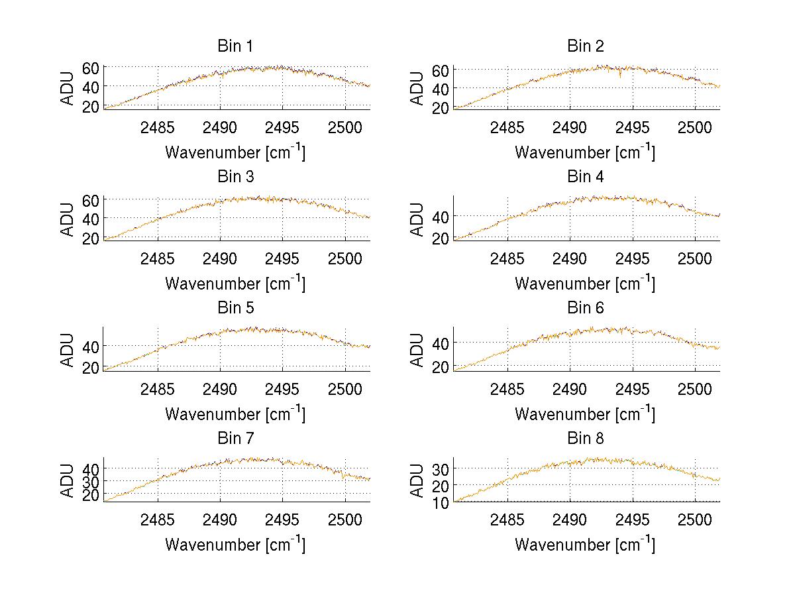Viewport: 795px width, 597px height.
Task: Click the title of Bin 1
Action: tap(235, 46)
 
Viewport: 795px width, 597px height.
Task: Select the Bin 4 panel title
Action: tap(586, 177)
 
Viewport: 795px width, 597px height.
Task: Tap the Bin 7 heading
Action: tap(235, 439)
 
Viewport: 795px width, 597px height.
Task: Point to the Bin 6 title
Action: tap(586, 308)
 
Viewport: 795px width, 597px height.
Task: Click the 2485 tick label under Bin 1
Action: tap(158, 127)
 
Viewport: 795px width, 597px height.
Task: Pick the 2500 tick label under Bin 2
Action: tap(695, 127)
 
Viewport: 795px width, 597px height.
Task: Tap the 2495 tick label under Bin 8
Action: tap(633, 519)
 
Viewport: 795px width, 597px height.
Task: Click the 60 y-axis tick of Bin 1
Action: tap(90, 68)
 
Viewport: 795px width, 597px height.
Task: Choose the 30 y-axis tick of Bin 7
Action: tap(90, 481)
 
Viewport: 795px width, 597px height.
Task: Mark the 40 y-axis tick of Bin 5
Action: tap(90, 346)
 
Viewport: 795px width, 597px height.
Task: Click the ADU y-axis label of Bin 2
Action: tap(417, 88)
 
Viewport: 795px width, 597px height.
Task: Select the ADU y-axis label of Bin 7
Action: tap(67, 480)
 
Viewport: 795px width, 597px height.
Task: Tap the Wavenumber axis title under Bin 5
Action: tap(235, 414)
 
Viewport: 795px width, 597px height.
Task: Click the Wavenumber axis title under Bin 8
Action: tap(585, 545)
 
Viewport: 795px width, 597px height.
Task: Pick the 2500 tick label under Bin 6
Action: tap(695, 389)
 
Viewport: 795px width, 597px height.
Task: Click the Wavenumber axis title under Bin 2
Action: tap(585, 152)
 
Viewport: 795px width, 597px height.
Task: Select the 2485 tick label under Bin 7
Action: tap(158, 519)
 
